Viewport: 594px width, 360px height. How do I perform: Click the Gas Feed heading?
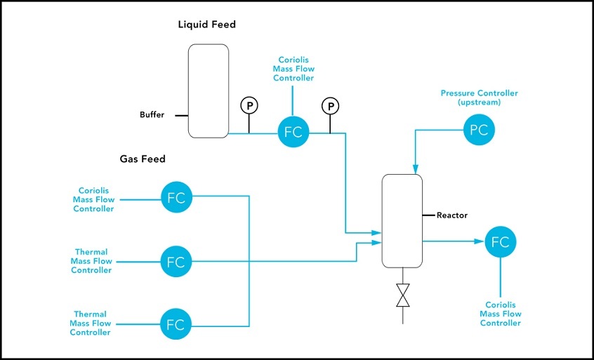[143, 159]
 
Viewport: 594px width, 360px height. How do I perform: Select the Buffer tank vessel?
[209, 91]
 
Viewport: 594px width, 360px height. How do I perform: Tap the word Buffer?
[152, 115]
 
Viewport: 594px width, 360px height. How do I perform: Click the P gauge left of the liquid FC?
[249, 105]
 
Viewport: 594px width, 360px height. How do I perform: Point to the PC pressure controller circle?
[478, 129]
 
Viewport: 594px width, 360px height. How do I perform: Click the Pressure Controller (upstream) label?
[479, 98]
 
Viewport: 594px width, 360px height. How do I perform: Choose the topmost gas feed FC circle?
[176, 197]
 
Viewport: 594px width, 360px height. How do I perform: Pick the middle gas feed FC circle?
[176, 262]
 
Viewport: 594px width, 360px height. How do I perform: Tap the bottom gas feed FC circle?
[176, 325]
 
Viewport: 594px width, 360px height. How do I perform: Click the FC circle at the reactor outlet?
[500, 242]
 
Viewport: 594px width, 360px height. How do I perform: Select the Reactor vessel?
[402, 221]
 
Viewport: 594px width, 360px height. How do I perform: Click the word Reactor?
[451, 215]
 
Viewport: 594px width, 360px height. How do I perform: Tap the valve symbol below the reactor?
[403, 295]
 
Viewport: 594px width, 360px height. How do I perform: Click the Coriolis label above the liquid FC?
[296, 69]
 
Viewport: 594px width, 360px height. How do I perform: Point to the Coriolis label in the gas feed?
[93, 199]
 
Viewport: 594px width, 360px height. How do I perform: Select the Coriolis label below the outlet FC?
[501, 314]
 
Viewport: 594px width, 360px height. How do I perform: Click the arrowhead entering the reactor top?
[415, 171]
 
